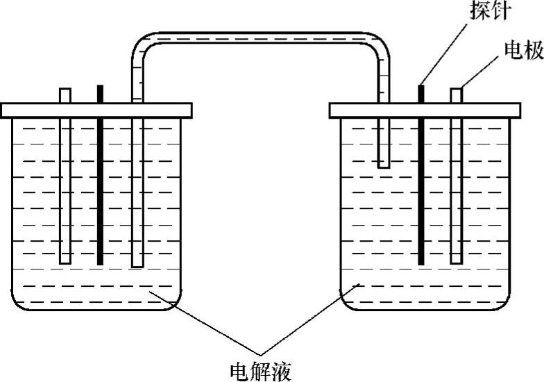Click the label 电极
coord(522,51)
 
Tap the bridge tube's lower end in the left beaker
coord(137,263)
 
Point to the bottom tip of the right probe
coord(420,263)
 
